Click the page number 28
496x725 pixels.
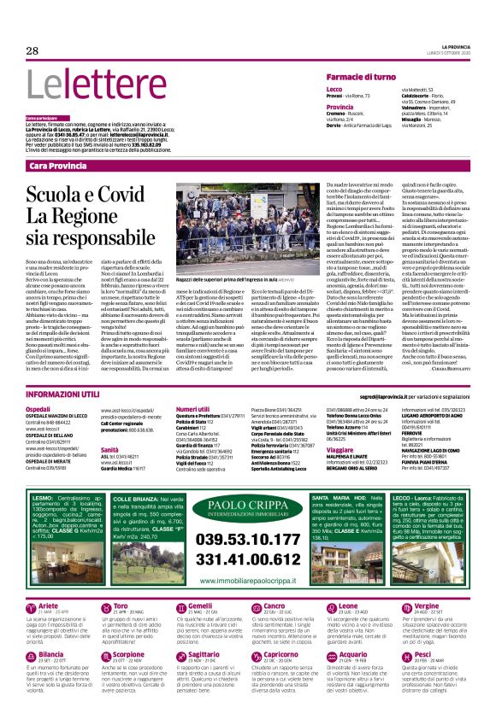pos(32,50)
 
